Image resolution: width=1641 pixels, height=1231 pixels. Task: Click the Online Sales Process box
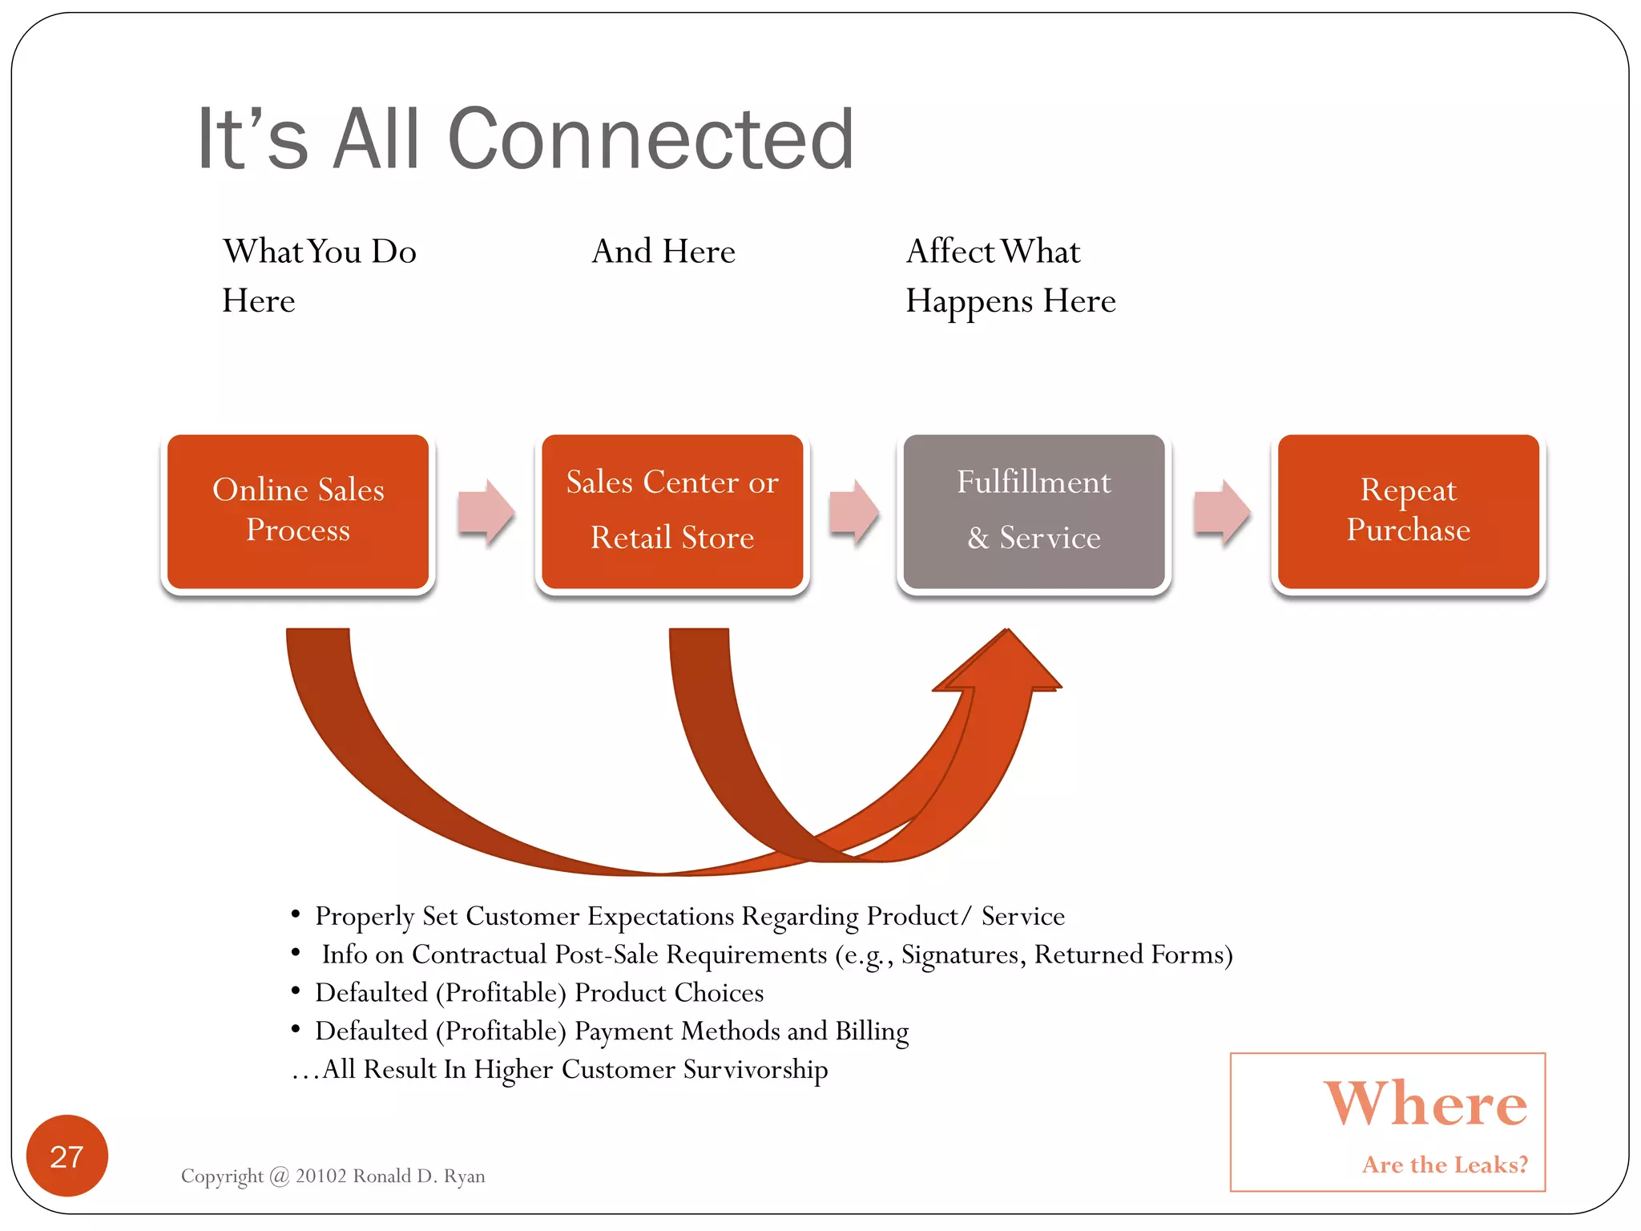(x=297, y=511)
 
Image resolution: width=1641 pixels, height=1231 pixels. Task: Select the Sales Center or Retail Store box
(x=671, y=511)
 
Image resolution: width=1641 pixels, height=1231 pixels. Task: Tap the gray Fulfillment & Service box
(x=1034, y=511)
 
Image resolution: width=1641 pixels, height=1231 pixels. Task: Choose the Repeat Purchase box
(x=1408, y=511)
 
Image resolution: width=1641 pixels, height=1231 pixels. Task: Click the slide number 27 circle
(x=67, y=1156)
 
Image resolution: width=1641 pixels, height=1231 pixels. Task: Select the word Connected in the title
(x=651, y=139)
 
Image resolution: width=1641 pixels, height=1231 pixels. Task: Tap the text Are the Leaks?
(x=1445, y=1164)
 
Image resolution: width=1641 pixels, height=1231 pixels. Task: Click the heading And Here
(x=663, y=252)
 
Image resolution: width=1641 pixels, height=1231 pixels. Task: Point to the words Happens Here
(x=1010, y=302)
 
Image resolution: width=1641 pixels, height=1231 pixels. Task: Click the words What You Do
(x=319, y=252)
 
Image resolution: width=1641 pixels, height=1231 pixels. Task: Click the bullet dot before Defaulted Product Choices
(x=296, y=991)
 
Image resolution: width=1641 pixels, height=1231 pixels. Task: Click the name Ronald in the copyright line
(x=381, y=1176)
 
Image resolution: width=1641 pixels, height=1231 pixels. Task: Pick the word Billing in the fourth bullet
(x=872, y=1031)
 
